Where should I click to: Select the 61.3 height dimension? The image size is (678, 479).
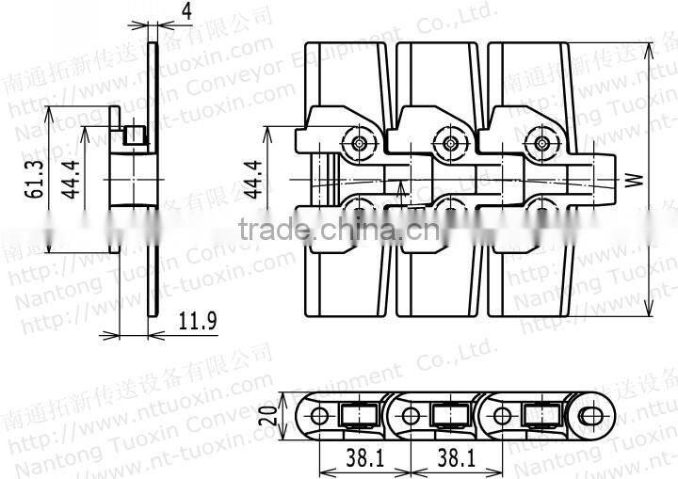point(35,179)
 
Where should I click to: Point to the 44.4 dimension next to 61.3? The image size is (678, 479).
point(69,179)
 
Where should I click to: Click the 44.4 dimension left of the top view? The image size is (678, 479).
point(252,179)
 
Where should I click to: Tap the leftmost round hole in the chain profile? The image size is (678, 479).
point(320,415)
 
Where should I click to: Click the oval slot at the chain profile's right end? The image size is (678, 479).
point(592,415)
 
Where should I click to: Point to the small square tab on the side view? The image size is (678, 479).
point(137,137)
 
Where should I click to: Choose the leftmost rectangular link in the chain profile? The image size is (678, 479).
point(361,415)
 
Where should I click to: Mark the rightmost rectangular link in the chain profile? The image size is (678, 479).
point(541,415)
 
